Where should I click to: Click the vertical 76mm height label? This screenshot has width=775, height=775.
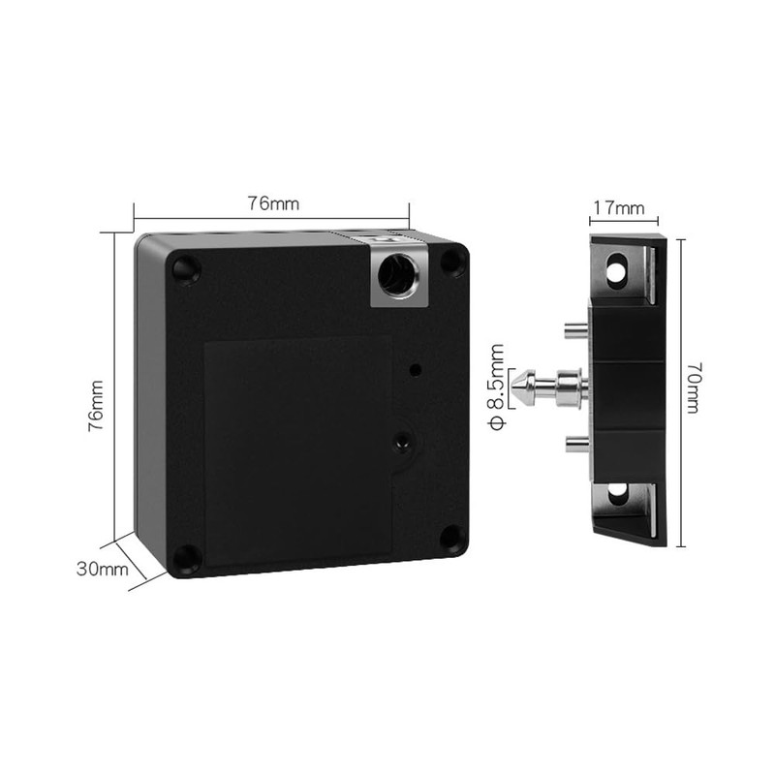(95, 404)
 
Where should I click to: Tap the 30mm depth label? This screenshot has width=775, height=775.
(103, 569)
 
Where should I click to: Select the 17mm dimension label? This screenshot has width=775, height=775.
(618, 208)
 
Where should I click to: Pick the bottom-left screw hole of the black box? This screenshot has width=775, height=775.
(185, 557)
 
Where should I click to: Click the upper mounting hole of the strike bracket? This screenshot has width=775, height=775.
(616, 271)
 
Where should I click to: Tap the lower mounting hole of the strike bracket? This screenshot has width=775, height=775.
(616, 498)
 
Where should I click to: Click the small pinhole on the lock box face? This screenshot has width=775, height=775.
(416, 369)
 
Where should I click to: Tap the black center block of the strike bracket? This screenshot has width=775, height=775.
(627, 387)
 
